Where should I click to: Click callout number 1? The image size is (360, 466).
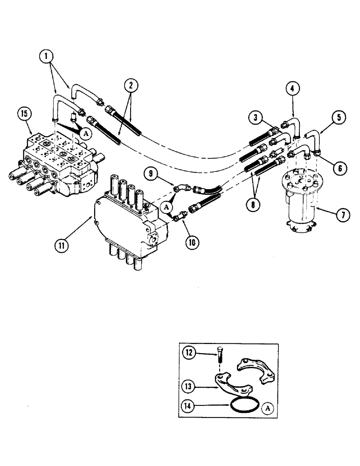coord(45,57)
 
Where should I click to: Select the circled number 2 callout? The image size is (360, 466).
coord(132,84)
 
